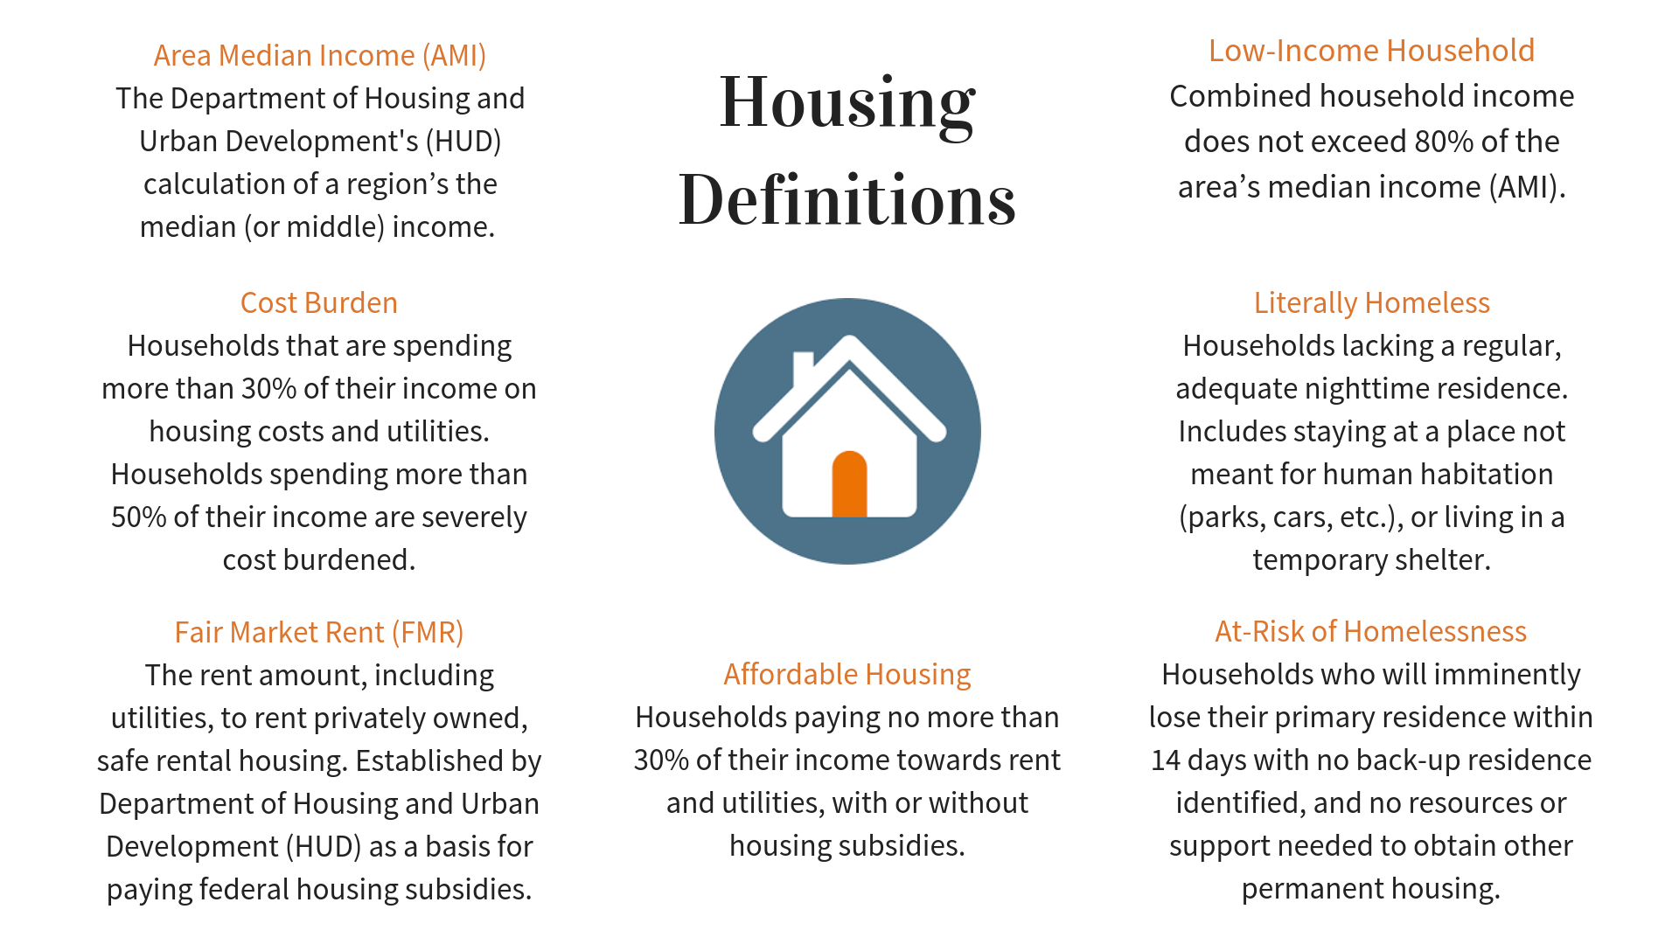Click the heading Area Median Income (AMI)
[319, 55]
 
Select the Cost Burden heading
[319, 302]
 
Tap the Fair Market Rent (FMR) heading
[319, 632]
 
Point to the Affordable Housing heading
[846, 674]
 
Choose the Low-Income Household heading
[1371, 51]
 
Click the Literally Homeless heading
[1371, 302]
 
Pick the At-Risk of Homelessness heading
[1370, 631]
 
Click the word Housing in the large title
[846, 103]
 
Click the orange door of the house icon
[849, 485]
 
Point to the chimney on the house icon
[803, 367]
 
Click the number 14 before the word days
[1166, 760]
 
